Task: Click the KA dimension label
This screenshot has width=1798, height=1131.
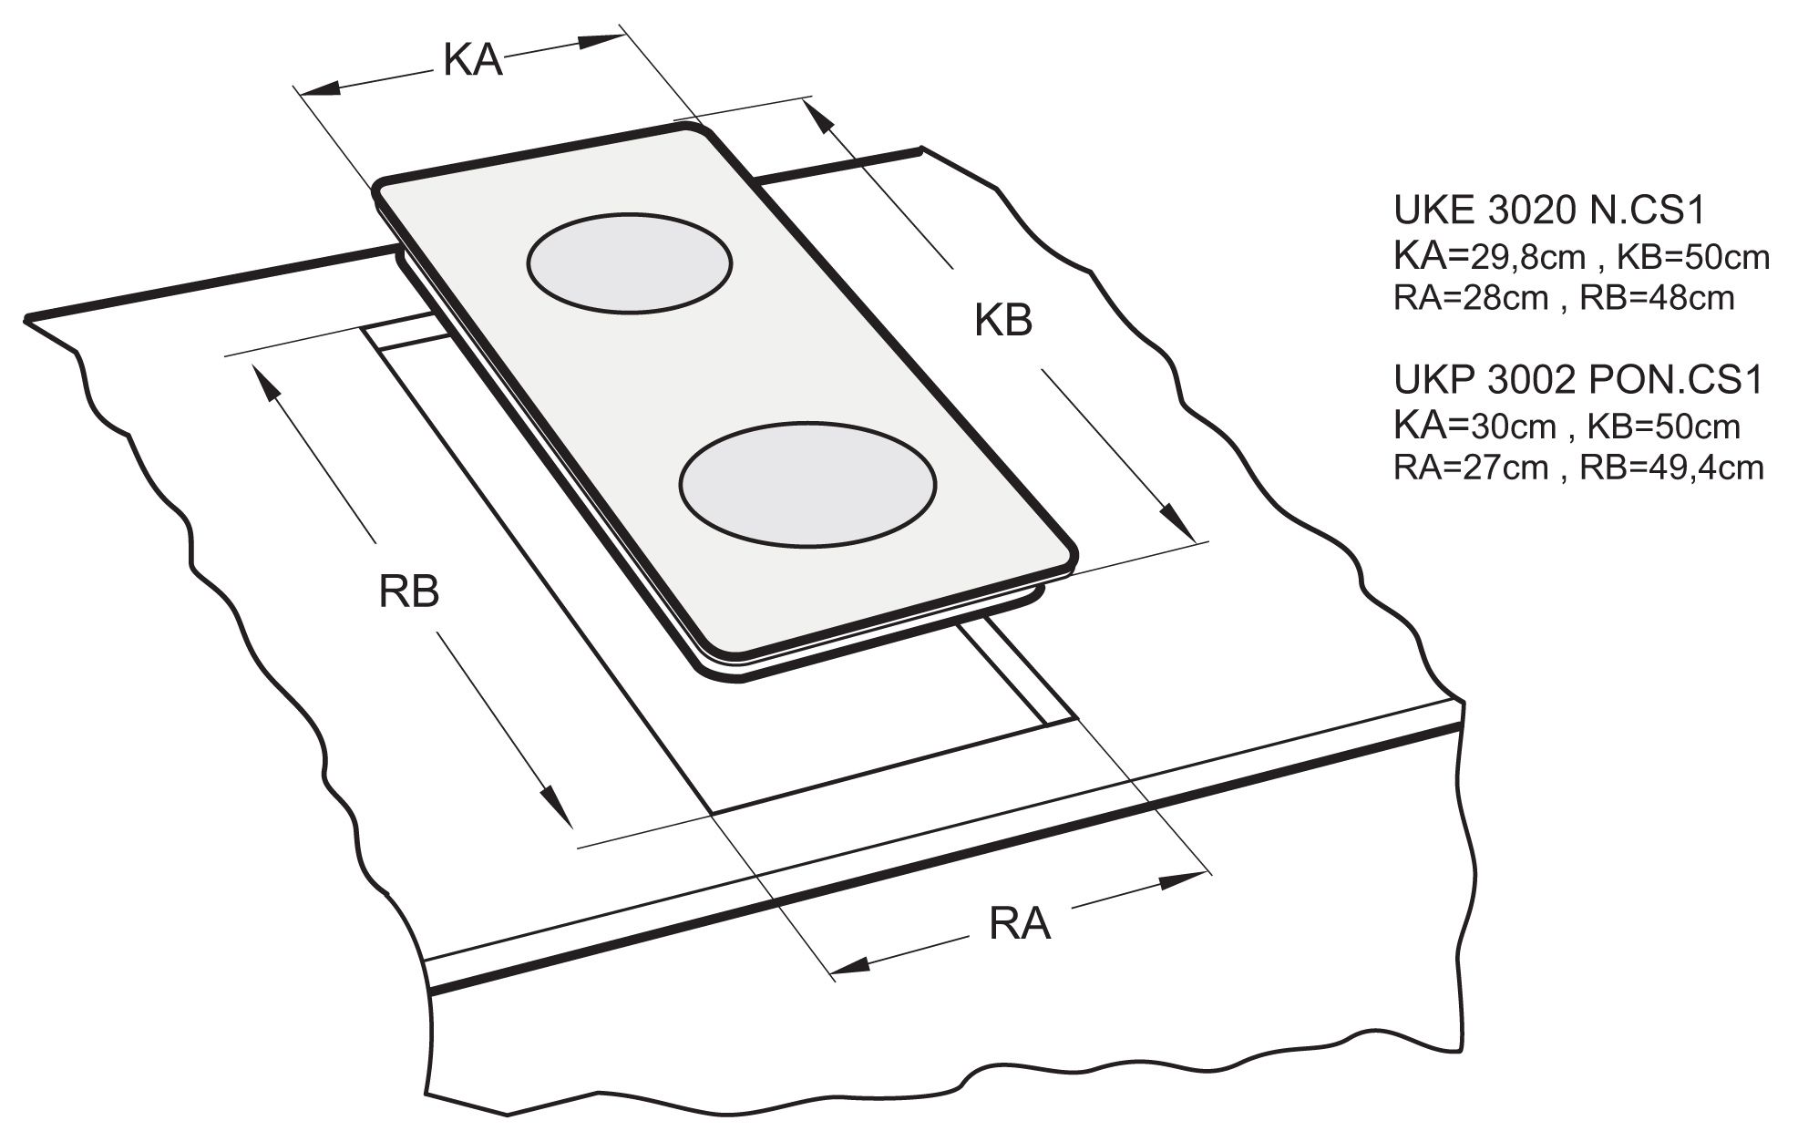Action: coord(473,61)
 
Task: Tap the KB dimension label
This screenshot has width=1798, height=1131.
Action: coord(1002,321)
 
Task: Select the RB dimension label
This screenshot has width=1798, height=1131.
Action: coord(409,591)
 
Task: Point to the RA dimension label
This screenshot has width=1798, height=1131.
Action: coord(1020,924)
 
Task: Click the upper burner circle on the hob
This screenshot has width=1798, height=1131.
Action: coord(629,263)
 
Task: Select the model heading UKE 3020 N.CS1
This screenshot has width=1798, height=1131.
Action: coord(1548,211)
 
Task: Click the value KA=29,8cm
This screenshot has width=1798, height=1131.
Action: coord(1489,258)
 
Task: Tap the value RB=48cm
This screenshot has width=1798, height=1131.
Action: coord(1657,298)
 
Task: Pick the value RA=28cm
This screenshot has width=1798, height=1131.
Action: coord(1471,298)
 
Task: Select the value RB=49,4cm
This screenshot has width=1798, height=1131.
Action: coord(1671,467)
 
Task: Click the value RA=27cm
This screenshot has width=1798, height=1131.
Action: coord(1471,467)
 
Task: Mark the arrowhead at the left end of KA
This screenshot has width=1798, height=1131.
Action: coord(319,88)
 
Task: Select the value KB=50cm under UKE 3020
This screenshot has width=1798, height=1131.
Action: coord(1692,258)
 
